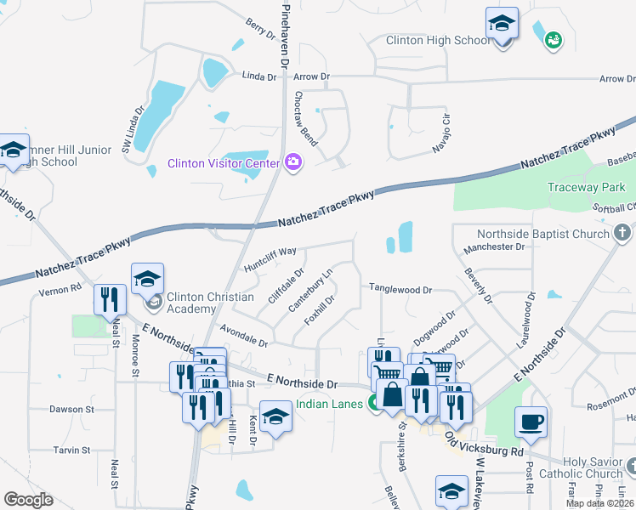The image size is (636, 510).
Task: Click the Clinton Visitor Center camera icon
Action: tap(294, 161)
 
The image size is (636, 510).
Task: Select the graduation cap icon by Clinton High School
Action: tap(502, 23)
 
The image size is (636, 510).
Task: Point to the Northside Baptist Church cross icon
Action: tap(622, 233)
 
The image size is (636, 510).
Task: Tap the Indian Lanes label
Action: tap(329, 404)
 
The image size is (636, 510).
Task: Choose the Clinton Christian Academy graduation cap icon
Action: tap(147, 279)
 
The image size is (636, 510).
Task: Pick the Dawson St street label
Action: tap(71, 409)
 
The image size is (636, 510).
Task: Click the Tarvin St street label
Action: tap(72, 450)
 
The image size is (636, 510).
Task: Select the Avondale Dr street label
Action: tap(244, 337)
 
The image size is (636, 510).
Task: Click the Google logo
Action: tap(28, 499)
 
